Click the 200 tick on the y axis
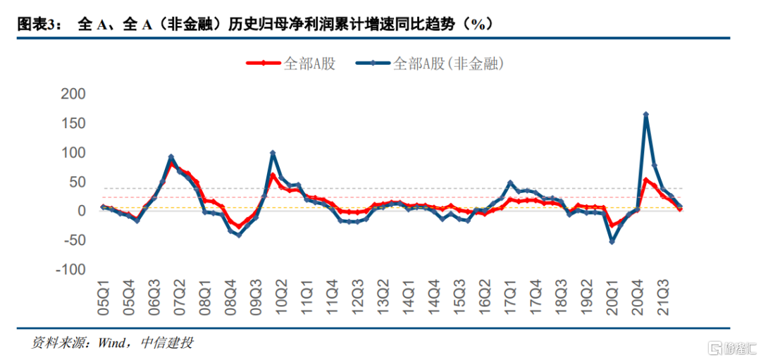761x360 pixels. [73, 94]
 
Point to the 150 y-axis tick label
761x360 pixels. [73, 124]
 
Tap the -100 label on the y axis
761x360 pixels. [70, 271]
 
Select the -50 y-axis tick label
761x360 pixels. [73, 241]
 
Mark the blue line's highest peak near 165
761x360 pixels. [645, 114]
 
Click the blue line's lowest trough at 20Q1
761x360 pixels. [612, 242]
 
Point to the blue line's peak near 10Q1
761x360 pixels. [273, 153]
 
